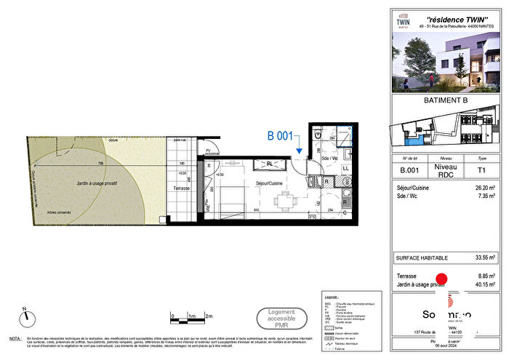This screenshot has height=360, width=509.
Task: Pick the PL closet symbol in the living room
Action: click(268, 164)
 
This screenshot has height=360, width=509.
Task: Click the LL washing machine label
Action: click(345, 169)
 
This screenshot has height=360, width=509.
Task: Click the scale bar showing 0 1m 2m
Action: click(190, 316)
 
